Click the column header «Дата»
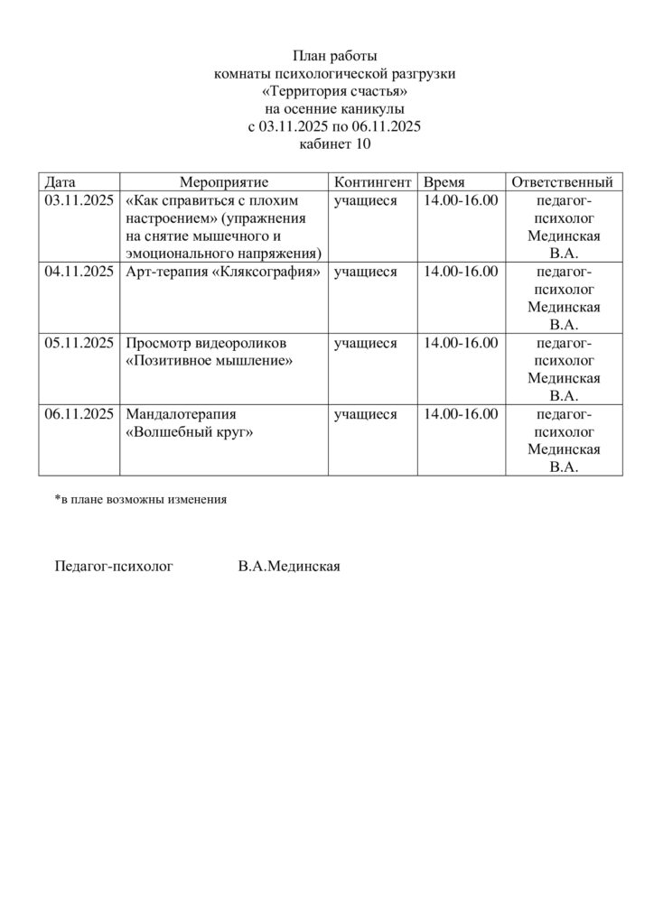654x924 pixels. [61, 181]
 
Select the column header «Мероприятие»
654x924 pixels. [224, 181]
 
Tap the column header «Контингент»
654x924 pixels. [373, 181]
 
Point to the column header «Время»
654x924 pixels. [444, 181]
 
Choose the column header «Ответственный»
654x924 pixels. [563, 181]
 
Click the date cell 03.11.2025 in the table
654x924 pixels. [79, 200]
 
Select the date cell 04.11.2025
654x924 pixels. [79, 271]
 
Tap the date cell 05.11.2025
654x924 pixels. [79, 342]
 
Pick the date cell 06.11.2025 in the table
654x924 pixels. [79, 414]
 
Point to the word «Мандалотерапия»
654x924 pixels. [182, 414]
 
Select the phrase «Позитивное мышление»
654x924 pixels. [210, 360]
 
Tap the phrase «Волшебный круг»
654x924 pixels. [190, 432]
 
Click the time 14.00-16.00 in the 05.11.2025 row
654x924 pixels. [461, 342]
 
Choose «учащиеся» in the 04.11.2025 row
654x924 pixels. [365, 271]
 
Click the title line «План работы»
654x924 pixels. [334, 56]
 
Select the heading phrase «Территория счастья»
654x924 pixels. [334, 91]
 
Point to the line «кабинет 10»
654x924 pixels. [334, 143]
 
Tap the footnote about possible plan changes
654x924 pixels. [140, 498]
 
